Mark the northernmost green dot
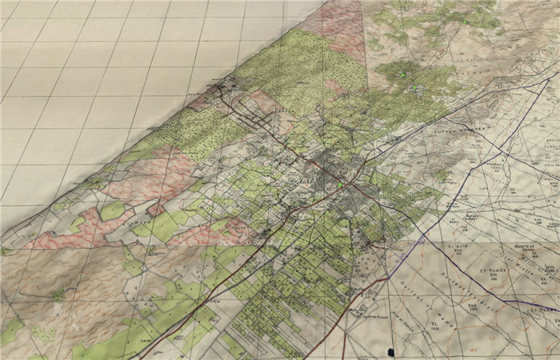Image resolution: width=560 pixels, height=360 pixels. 466,22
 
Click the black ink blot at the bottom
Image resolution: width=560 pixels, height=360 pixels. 391,352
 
